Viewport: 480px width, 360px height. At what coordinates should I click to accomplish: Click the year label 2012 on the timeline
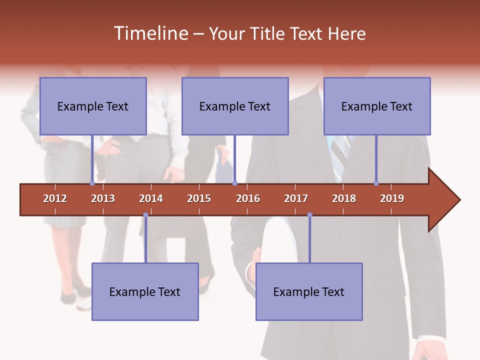click(x=55, y=198)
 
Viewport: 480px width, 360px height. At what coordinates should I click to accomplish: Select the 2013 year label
click(x=103, y=198)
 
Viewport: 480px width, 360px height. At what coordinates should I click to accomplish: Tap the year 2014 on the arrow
click(x=151, y=198)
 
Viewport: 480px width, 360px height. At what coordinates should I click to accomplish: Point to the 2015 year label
click(x=199, y=198)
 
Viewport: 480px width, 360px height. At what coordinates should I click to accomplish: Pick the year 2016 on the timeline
click(x=248, y=198)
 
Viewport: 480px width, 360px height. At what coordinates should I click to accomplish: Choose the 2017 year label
click(x=296, y=198)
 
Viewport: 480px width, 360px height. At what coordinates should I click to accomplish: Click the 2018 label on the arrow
click(x=344, y=198)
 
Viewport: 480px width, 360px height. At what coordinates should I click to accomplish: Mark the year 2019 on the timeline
click(x=392, y=198)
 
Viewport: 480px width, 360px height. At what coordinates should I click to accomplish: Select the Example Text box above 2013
click(x=93, y=106)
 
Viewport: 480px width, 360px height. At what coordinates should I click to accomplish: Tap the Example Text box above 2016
click(x=235, y=106)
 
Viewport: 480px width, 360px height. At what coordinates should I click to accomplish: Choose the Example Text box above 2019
click(x=377, y=106)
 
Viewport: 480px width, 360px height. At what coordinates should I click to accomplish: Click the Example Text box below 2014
click(x=145, y=291)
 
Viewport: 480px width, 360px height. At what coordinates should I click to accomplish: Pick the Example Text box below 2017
click(x=309, y=291)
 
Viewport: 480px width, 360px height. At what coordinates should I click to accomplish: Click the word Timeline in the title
click(x=150, y=33)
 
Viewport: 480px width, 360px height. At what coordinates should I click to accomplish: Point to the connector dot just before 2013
click(x=92, y=183)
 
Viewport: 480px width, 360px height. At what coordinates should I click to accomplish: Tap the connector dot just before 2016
click(x=234, y=183)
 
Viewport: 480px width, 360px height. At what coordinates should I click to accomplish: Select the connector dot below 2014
click(x=145, y=215)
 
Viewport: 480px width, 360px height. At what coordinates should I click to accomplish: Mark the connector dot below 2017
click(x=309, y=215)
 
